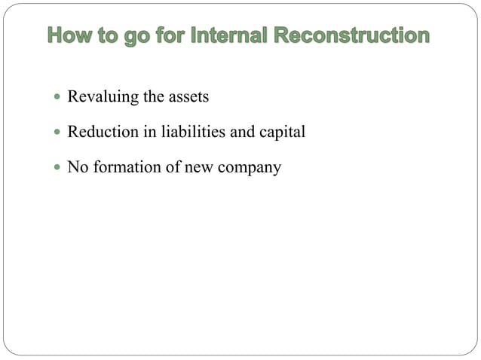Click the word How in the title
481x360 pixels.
72,36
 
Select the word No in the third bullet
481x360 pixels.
77,166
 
